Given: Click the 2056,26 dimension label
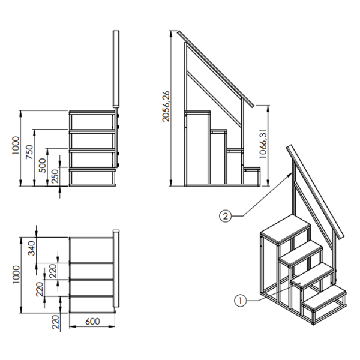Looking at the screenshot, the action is point(166,106).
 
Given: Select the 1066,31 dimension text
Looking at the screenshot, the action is point(263,143).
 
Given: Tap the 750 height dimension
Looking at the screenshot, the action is point(29,152).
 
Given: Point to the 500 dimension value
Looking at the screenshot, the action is point(43,166).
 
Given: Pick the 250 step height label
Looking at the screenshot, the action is point(56,176).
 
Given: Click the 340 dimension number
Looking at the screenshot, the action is point(31,248).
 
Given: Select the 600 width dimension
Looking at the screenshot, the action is point(92,322).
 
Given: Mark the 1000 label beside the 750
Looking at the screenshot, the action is point(16,146).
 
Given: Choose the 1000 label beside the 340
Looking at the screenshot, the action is point(16,275).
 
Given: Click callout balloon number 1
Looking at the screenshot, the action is point(240,301).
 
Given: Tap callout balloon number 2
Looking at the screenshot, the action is point(225,216).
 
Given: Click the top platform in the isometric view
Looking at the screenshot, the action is point(285,229).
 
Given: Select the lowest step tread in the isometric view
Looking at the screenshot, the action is point(324,298).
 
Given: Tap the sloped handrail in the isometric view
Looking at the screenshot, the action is point(315,192).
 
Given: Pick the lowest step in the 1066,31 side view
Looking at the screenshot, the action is point(252,169).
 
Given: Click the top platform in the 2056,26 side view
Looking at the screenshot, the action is point(197,112).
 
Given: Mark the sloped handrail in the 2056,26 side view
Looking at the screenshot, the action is point(216,68).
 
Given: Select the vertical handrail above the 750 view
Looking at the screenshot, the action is point(116,68).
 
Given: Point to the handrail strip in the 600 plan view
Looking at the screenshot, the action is point(116,268).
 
